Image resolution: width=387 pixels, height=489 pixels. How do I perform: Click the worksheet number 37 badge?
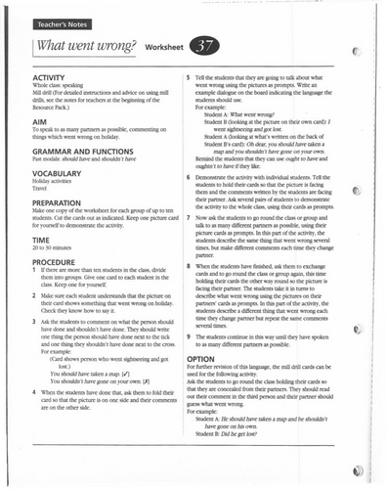click(x=206, y=47)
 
